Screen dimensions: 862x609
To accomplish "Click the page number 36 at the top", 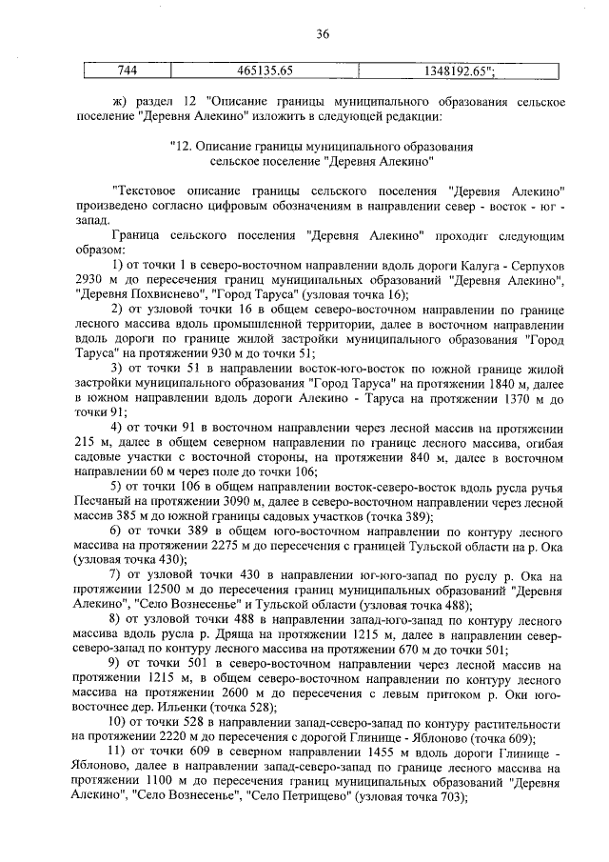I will pos(322,34).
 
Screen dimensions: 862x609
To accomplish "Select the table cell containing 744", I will pos(127,70).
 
